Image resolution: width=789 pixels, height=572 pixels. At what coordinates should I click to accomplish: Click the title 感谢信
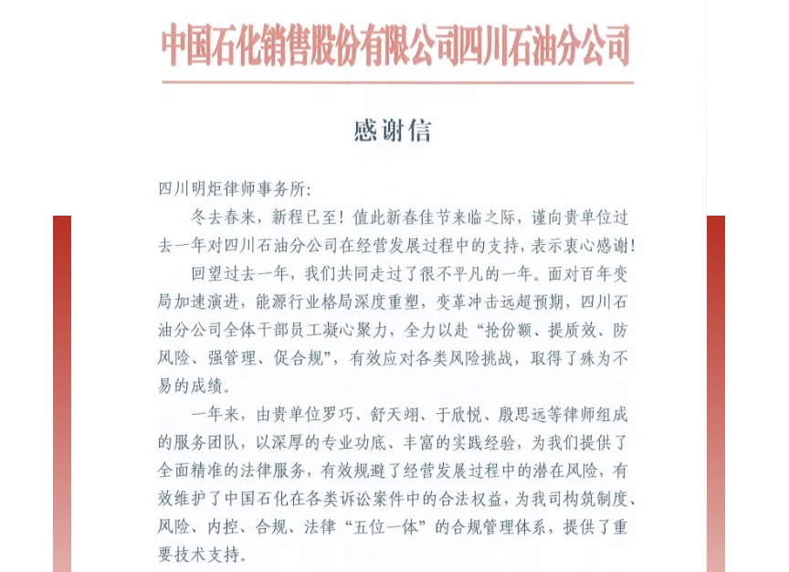coord(393,131)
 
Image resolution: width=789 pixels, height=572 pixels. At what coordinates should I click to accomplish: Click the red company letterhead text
coord(396,45)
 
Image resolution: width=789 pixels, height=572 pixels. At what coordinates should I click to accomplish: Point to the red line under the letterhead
coord(396,82)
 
